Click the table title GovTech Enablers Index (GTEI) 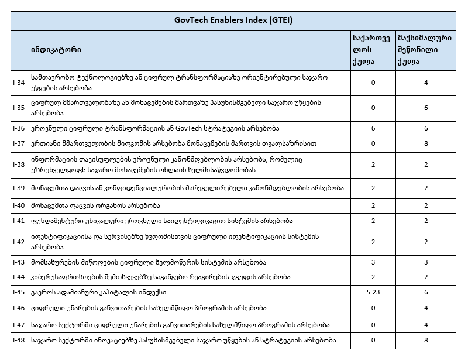pyautogui.click(x=233, y=20)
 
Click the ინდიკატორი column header pyautogui.click(x=56, y=50)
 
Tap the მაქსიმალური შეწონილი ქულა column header pyautogui.click(x=426, y=50)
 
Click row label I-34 pyautogui.click(x=19, y=83)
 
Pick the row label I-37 pyautogui.click(x=19, y=142)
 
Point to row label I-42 pyautogui.click(x=19, y=241)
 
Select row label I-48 pyautogui.click(x=19, y=340)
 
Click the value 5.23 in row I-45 pyautogui.click(x=373, y=292)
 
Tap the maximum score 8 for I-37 pyautogui.click(x=426, y=142)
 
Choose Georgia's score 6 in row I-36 pyautogui.click(x=373, y=128)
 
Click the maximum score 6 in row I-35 pyautogui.click(x=426, y=108)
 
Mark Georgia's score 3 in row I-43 pyautogui.click(x=373, y=262)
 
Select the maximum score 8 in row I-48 pyautogui.click(x=426, y=340)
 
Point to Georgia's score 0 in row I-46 pyautogui.click(x=373, y=307)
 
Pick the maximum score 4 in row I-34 pyautogui.click(x=426, y=83)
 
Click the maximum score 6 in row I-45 pyautogui.click(x=426, y=292)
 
